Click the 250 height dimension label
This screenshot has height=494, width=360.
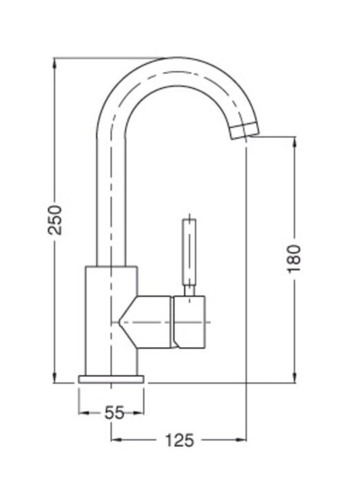[x=55, y=219]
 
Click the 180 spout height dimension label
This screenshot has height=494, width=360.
[x=294, y=258]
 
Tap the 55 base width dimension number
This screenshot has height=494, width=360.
[x=114, y=413]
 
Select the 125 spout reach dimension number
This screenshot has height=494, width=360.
[x=179, y=440]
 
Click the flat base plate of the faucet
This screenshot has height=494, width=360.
[x=111, y=379]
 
